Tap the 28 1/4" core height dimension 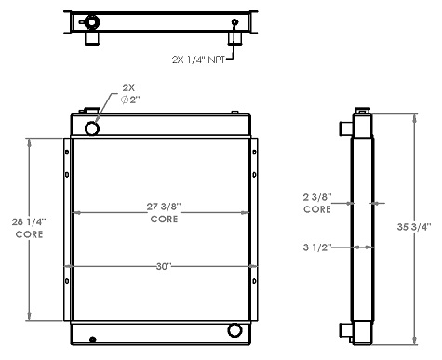(x=28, y=228)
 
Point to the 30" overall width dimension (x=164, y=266)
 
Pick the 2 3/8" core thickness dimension (x=316, y=204)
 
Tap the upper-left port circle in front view (x=91, y=127)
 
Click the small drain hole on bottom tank (x=93, y=338)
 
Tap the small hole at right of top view (x=234, y=22)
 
